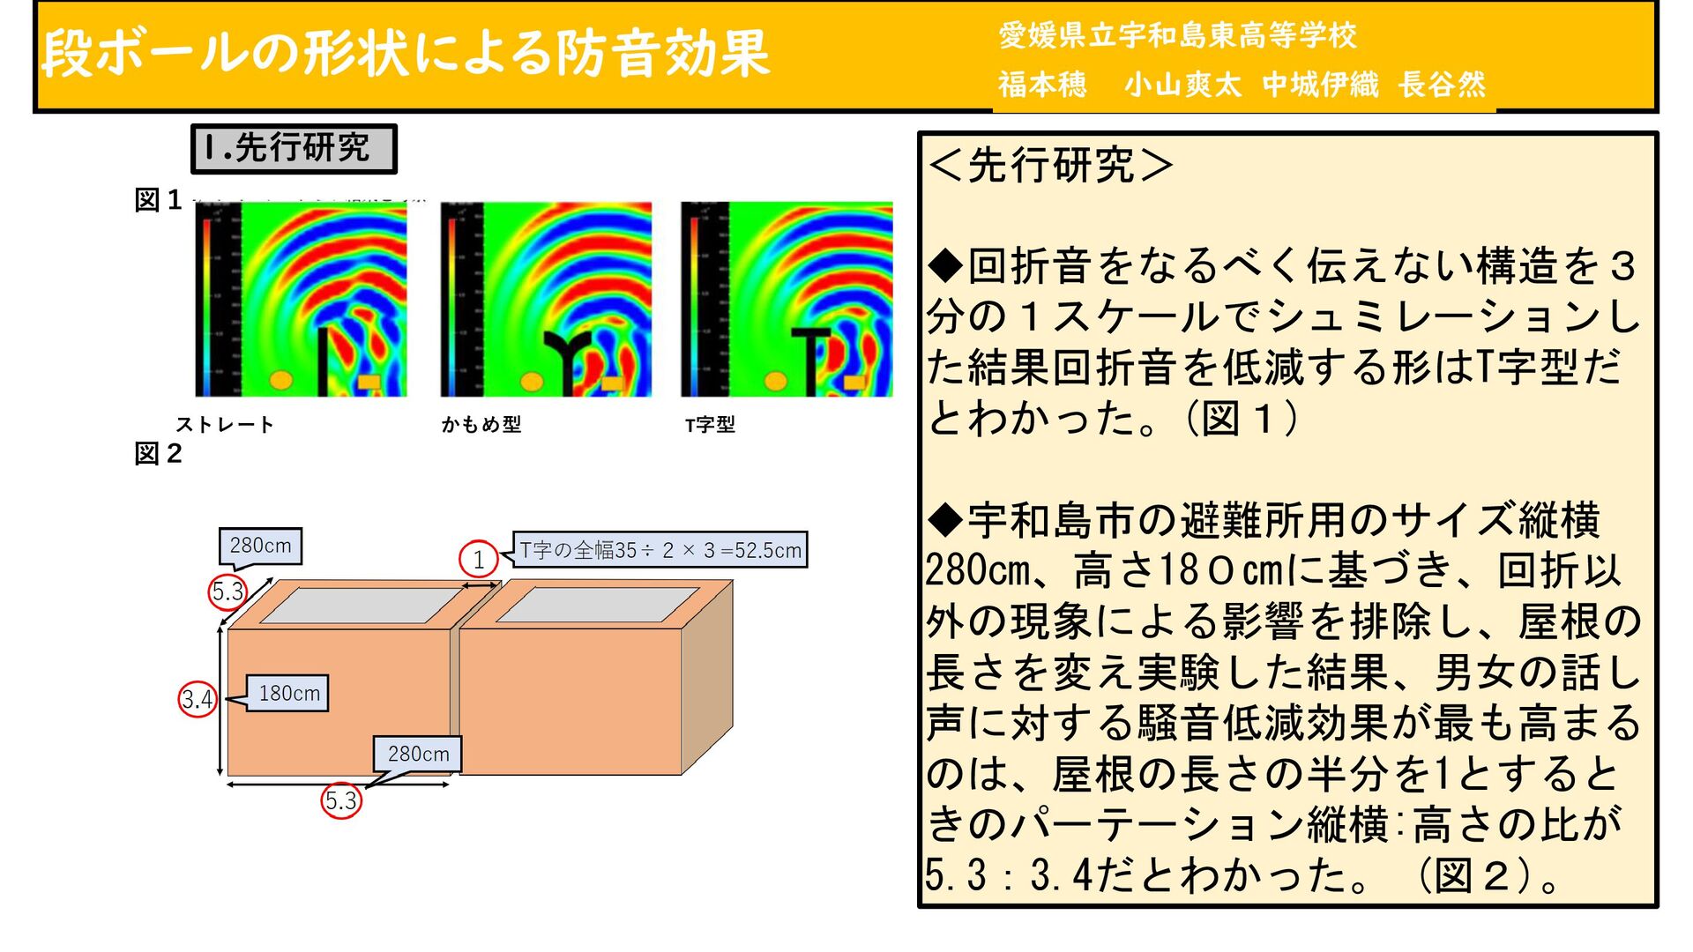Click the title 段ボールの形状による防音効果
[406, 53]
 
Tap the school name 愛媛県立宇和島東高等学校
[1176, 35]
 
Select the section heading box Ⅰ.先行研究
[294, 148]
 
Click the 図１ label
[158, 201]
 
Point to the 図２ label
[158, 454]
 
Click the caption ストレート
[225, 425]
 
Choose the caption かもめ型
[481, 425]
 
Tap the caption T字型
[710, 425]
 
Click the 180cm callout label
[288, 694]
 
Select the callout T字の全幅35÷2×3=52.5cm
[660, 550]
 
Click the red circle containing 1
[478, 559]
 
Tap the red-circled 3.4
[197, 700]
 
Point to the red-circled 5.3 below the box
[341, 800]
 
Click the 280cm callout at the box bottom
[418, 755]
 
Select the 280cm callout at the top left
[260, 546]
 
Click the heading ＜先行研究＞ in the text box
[1050, 165]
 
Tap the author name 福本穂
[1042, 85]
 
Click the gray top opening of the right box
[599, 605]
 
